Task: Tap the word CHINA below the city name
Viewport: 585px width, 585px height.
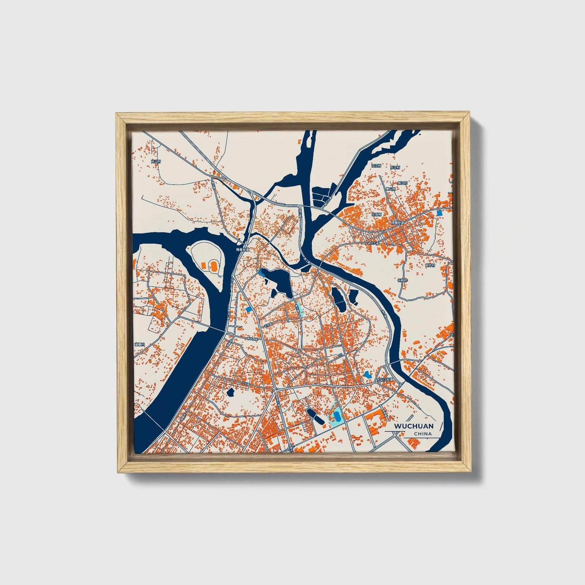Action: [x=423, y=434]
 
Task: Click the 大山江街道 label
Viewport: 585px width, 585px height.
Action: [x=385, y=380]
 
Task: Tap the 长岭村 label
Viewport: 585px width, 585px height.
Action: [x=402, y=280]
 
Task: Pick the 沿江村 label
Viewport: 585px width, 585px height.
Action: [x=377, y=166]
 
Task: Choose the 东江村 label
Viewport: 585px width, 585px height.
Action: [x=395, y=167]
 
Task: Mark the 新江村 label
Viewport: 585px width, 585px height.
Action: [x=402, y=183]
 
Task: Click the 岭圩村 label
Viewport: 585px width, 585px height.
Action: [x=430, y=266]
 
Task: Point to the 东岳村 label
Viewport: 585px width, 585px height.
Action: [x=377, y=215]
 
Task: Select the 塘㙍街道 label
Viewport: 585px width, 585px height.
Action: [x=397, y=223]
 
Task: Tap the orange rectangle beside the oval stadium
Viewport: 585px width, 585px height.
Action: [x=203, y=265]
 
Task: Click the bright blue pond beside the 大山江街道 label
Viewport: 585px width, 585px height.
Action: [x=368, y=375]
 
